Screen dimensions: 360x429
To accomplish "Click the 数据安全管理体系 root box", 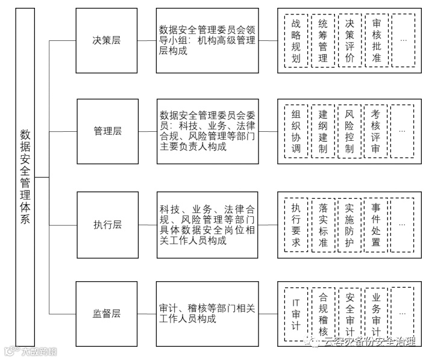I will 25,177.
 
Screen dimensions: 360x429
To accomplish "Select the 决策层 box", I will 107,41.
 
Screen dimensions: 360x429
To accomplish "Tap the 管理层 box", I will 107,131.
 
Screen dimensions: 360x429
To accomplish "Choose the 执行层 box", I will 107,225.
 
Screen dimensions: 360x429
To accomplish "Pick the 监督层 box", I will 107,314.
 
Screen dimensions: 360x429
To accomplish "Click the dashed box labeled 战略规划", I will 296,41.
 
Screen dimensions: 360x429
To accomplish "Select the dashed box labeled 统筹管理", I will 323,41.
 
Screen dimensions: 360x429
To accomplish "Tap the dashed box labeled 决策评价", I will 350,41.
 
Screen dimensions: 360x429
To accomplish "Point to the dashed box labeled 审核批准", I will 377,41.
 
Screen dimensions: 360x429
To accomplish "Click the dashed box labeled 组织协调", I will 296,131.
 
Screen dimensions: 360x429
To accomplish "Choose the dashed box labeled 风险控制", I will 350,131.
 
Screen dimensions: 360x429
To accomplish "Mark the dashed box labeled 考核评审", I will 377,131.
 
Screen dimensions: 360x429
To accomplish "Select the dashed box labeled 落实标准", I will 323,225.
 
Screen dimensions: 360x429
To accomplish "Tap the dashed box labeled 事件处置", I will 377,225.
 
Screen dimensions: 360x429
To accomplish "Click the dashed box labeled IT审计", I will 296,314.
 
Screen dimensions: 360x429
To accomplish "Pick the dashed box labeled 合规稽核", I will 323,314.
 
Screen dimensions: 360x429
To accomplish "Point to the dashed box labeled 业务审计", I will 377,314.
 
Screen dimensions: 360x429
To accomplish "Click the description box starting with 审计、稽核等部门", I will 207,314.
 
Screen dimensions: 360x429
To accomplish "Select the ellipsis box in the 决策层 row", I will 402,41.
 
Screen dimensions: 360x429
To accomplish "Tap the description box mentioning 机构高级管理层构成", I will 207,41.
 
